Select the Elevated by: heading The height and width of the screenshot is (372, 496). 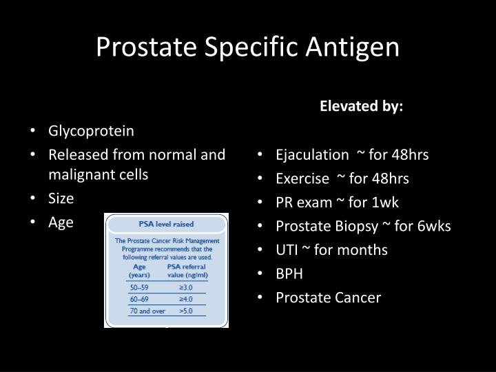coord(362,107)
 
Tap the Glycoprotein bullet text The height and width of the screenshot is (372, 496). coord(91,131)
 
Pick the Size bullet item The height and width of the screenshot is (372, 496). coord(61,198)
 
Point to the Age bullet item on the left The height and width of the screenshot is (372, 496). coord(61,222)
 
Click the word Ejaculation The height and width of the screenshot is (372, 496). coord(312,155)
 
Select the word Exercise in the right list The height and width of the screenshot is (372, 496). coord(303,178)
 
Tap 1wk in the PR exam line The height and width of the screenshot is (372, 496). coord(385,203)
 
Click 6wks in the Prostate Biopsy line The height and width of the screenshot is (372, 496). coord(435,226)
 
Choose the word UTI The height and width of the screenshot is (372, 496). coord(287,249)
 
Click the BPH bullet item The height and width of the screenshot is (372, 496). coord(289,273)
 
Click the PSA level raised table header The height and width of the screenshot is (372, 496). coord(165,224)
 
